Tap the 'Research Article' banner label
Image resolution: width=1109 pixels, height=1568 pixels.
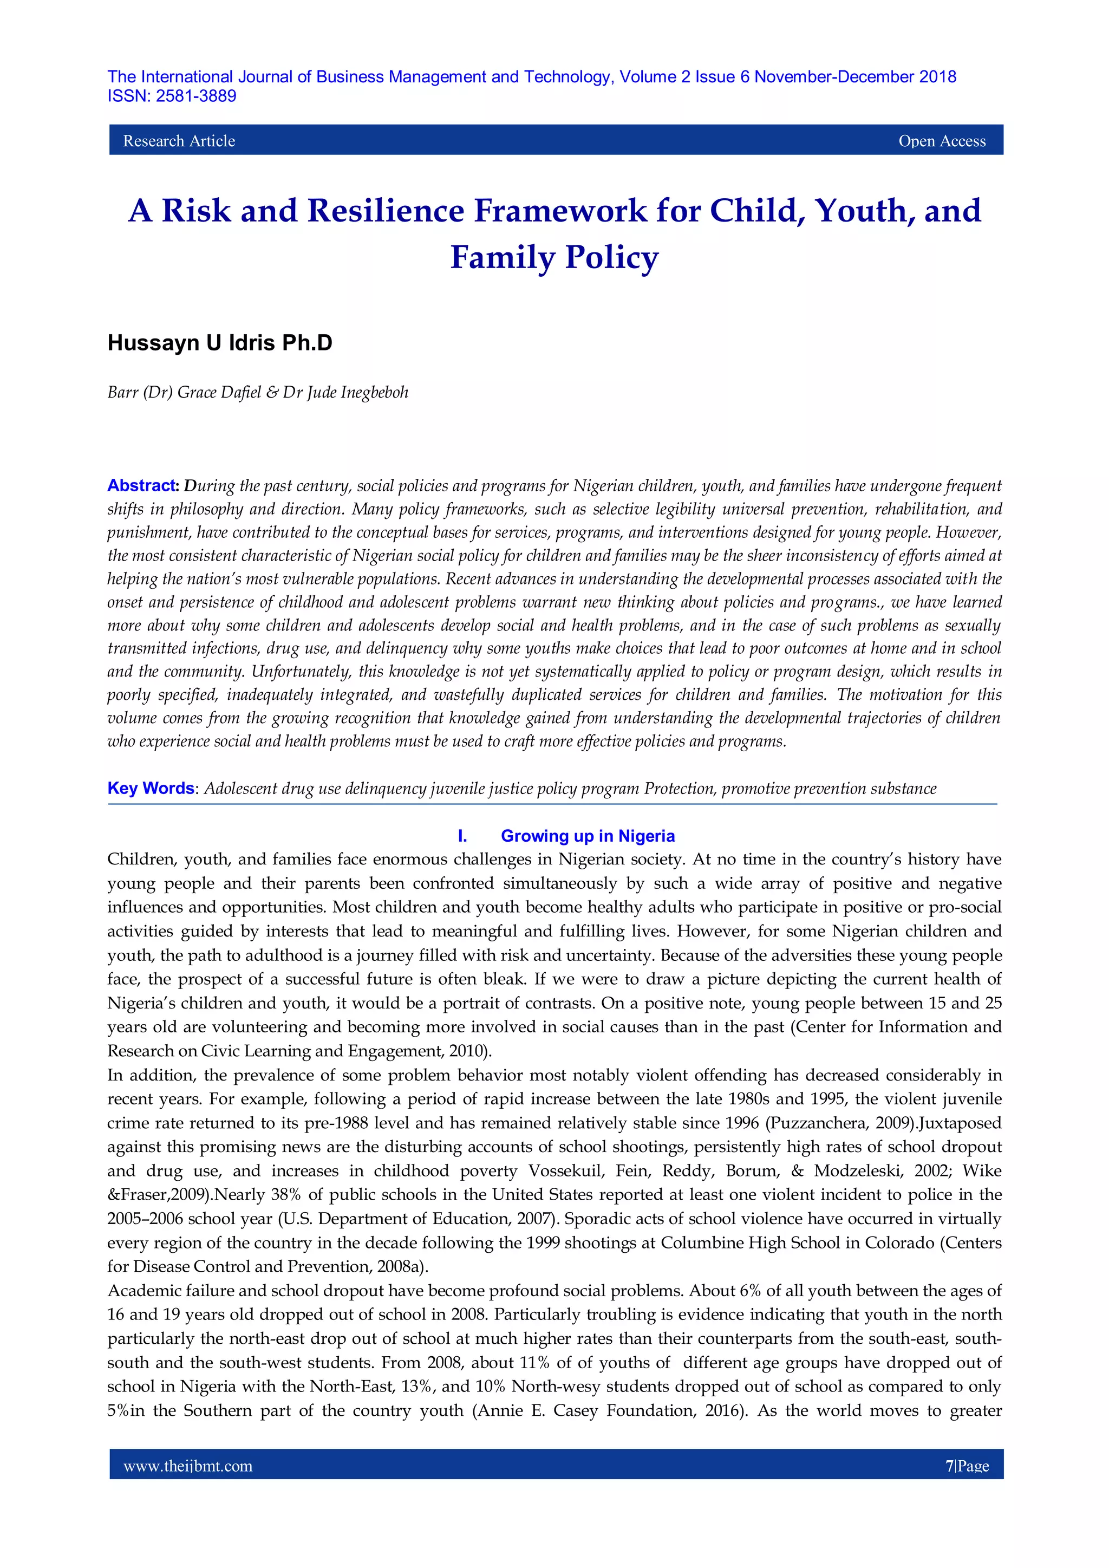pyautogui.click(x=179, y=141)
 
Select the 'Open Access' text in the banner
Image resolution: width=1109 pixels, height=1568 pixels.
pyautogui.click(x=942, y=141)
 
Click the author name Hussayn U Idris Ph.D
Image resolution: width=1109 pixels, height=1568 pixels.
pyautogui.click(x=220, y=343)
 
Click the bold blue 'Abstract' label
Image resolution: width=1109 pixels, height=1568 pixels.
pyautogui.click(x=142, y=485)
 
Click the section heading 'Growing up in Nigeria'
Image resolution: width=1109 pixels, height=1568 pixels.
pyautogui.click(x=588, y=836)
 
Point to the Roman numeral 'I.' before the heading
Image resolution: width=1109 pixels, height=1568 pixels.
pyautogui.click(x=462, y=836)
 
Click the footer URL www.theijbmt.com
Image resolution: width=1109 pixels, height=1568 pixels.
pyautogui.click(x=188, y=1466)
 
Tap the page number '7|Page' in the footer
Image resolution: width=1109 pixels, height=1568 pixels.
pyautogui.click(x=967, y=1466)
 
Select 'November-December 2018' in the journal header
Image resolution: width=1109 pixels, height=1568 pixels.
pyautogui.click(x=855, y=77)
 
